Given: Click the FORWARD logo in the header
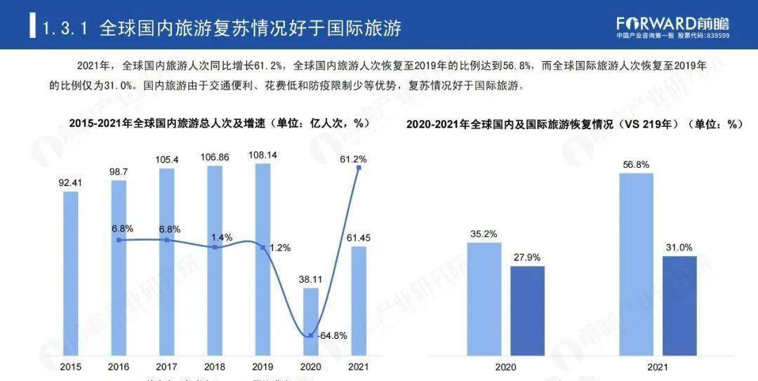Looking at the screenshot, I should pyautogui.click(x=672, y=22).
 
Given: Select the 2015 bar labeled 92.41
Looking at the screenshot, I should pyautogui.click(x=71, y=274).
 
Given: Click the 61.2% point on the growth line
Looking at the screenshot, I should pyautogui.click(x=359, y=168).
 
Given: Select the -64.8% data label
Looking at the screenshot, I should pyautogui.click(x=332, y=335).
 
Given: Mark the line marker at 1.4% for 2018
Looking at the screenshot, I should pyautogui.click(x=215, y=247).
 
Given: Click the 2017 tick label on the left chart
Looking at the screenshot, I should pyautogui.click(x=166, y=366).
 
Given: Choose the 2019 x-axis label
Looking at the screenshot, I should pyautogui.click(x=262, y=366).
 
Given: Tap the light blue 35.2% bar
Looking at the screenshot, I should pyautogui.click(x=484, y=298).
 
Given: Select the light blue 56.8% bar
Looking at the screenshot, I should pyautogui.click(x=637, y=263).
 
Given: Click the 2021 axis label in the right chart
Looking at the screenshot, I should pyautogui.click(x=658, y=366).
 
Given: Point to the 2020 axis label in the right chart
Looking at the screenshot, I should pyautogui.click(x=506, y=366).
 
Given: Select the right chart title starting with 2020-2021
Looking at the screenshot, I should pyautogui.click(x=574, y=124).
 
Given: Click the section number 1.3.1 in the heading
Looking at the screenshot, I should pyautogui.click(x=64, y=29).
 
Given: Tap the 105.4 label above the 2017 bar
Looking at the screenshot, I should pyautogui.click(x=166, y=160).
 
